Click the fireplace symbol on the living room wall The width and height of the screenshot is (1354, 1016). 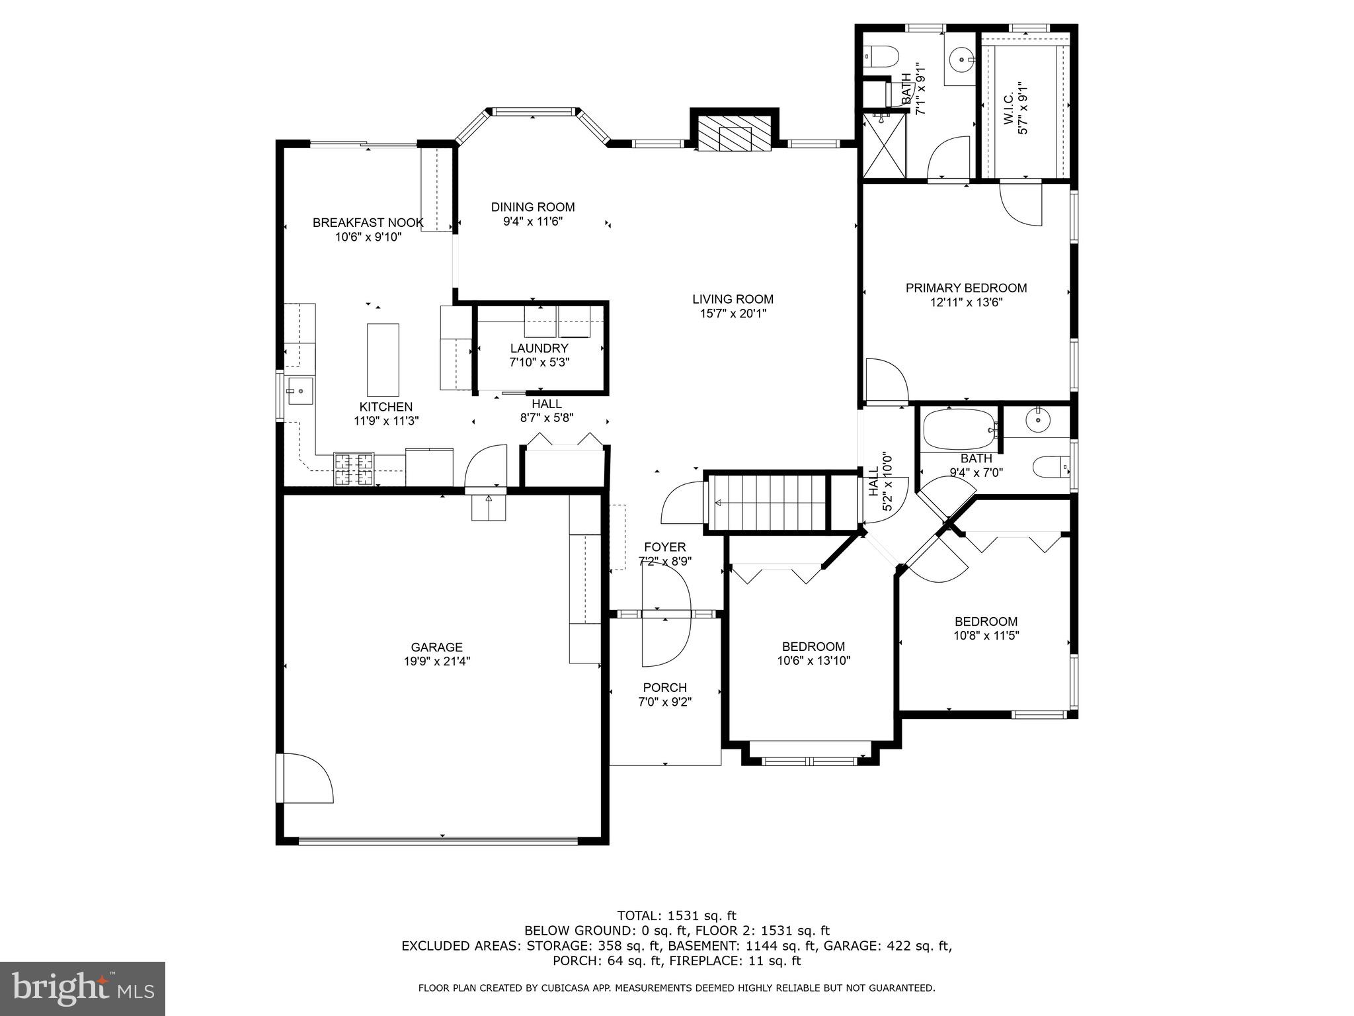coord(734,138)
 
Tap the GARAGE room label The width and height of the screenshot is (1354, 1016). coord(436,648)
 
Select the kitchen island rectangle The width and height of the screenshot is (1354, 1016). coord(383,360)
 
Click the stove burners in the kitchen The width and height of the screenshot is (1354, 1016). coord(354,469)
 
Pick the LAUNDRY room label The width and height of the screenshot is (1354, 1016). coord(539,349)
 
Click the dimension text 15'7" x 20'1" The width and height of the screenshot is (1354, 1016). coord(733,314)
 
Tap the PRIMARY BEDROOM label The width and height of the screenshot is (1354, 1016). coord(966,288)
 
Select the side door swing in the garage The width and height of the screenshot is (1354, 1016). coord(307,779)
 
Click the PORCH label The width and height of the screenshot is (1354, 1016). coord(664,688)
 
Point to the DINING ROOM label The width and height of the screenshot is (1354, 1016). coord(533,207)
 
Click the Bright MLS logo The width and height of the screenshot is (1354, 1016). coord(83,988)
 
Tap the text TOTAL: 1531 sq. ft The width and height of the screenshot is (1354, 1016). coord(676,916)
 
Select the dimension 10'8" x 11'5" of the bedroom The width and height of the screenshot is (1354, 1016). coord(986,636)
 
